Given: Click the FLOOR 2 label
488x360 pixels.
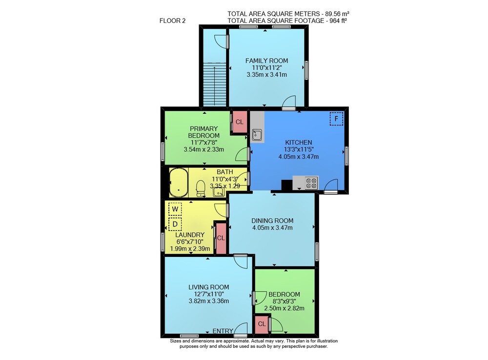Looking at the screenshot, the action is tap(172, 21).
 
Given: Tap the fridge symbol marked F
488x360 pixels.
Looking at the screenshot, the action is tap(336, 119).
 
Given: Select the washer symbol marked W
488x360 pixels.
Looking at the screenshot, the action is tap(175, 209).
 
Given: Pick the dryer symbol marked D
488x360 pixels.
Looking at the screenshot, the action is tap(175, 224).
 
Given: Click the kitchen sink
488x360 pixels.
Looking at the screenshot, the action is tap(257, 135).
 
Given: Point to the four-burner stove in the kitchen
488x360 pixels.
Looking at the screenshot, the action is tap(311, 183).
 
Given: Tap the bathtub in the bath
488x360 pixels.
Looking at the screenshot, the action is tap(179, 183).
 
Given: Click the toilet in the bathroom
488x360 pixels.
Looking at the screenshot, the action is tap(201, 189).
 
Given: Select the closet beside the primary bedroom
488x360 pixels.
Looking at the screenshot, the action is tap(239, 122).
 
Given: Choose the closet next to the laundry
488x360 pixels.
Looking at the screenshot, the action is tap(221, 238).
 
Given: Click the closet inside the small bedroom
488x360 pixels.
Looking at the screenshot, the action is tap(262, 324).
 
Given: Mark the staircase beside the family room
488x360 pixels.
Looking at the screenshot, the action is tap(214, 85).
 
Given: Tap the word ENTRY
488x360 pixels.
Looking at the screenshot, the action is tap(223, 331).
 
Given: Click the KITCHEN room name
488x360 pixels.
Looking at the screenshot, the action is tap(299, 142).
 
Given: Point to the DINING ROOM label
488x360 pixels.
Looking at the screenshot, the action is tap(272, 220).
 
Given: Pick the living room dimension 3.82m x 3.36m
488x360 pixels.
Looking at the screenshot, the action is tap(209, 301).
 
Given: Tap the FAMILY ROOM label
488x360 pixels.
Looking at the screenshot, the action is tap(267, 61).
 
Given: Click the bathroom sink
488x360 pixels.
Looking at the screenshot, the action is tap(219, 192).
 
